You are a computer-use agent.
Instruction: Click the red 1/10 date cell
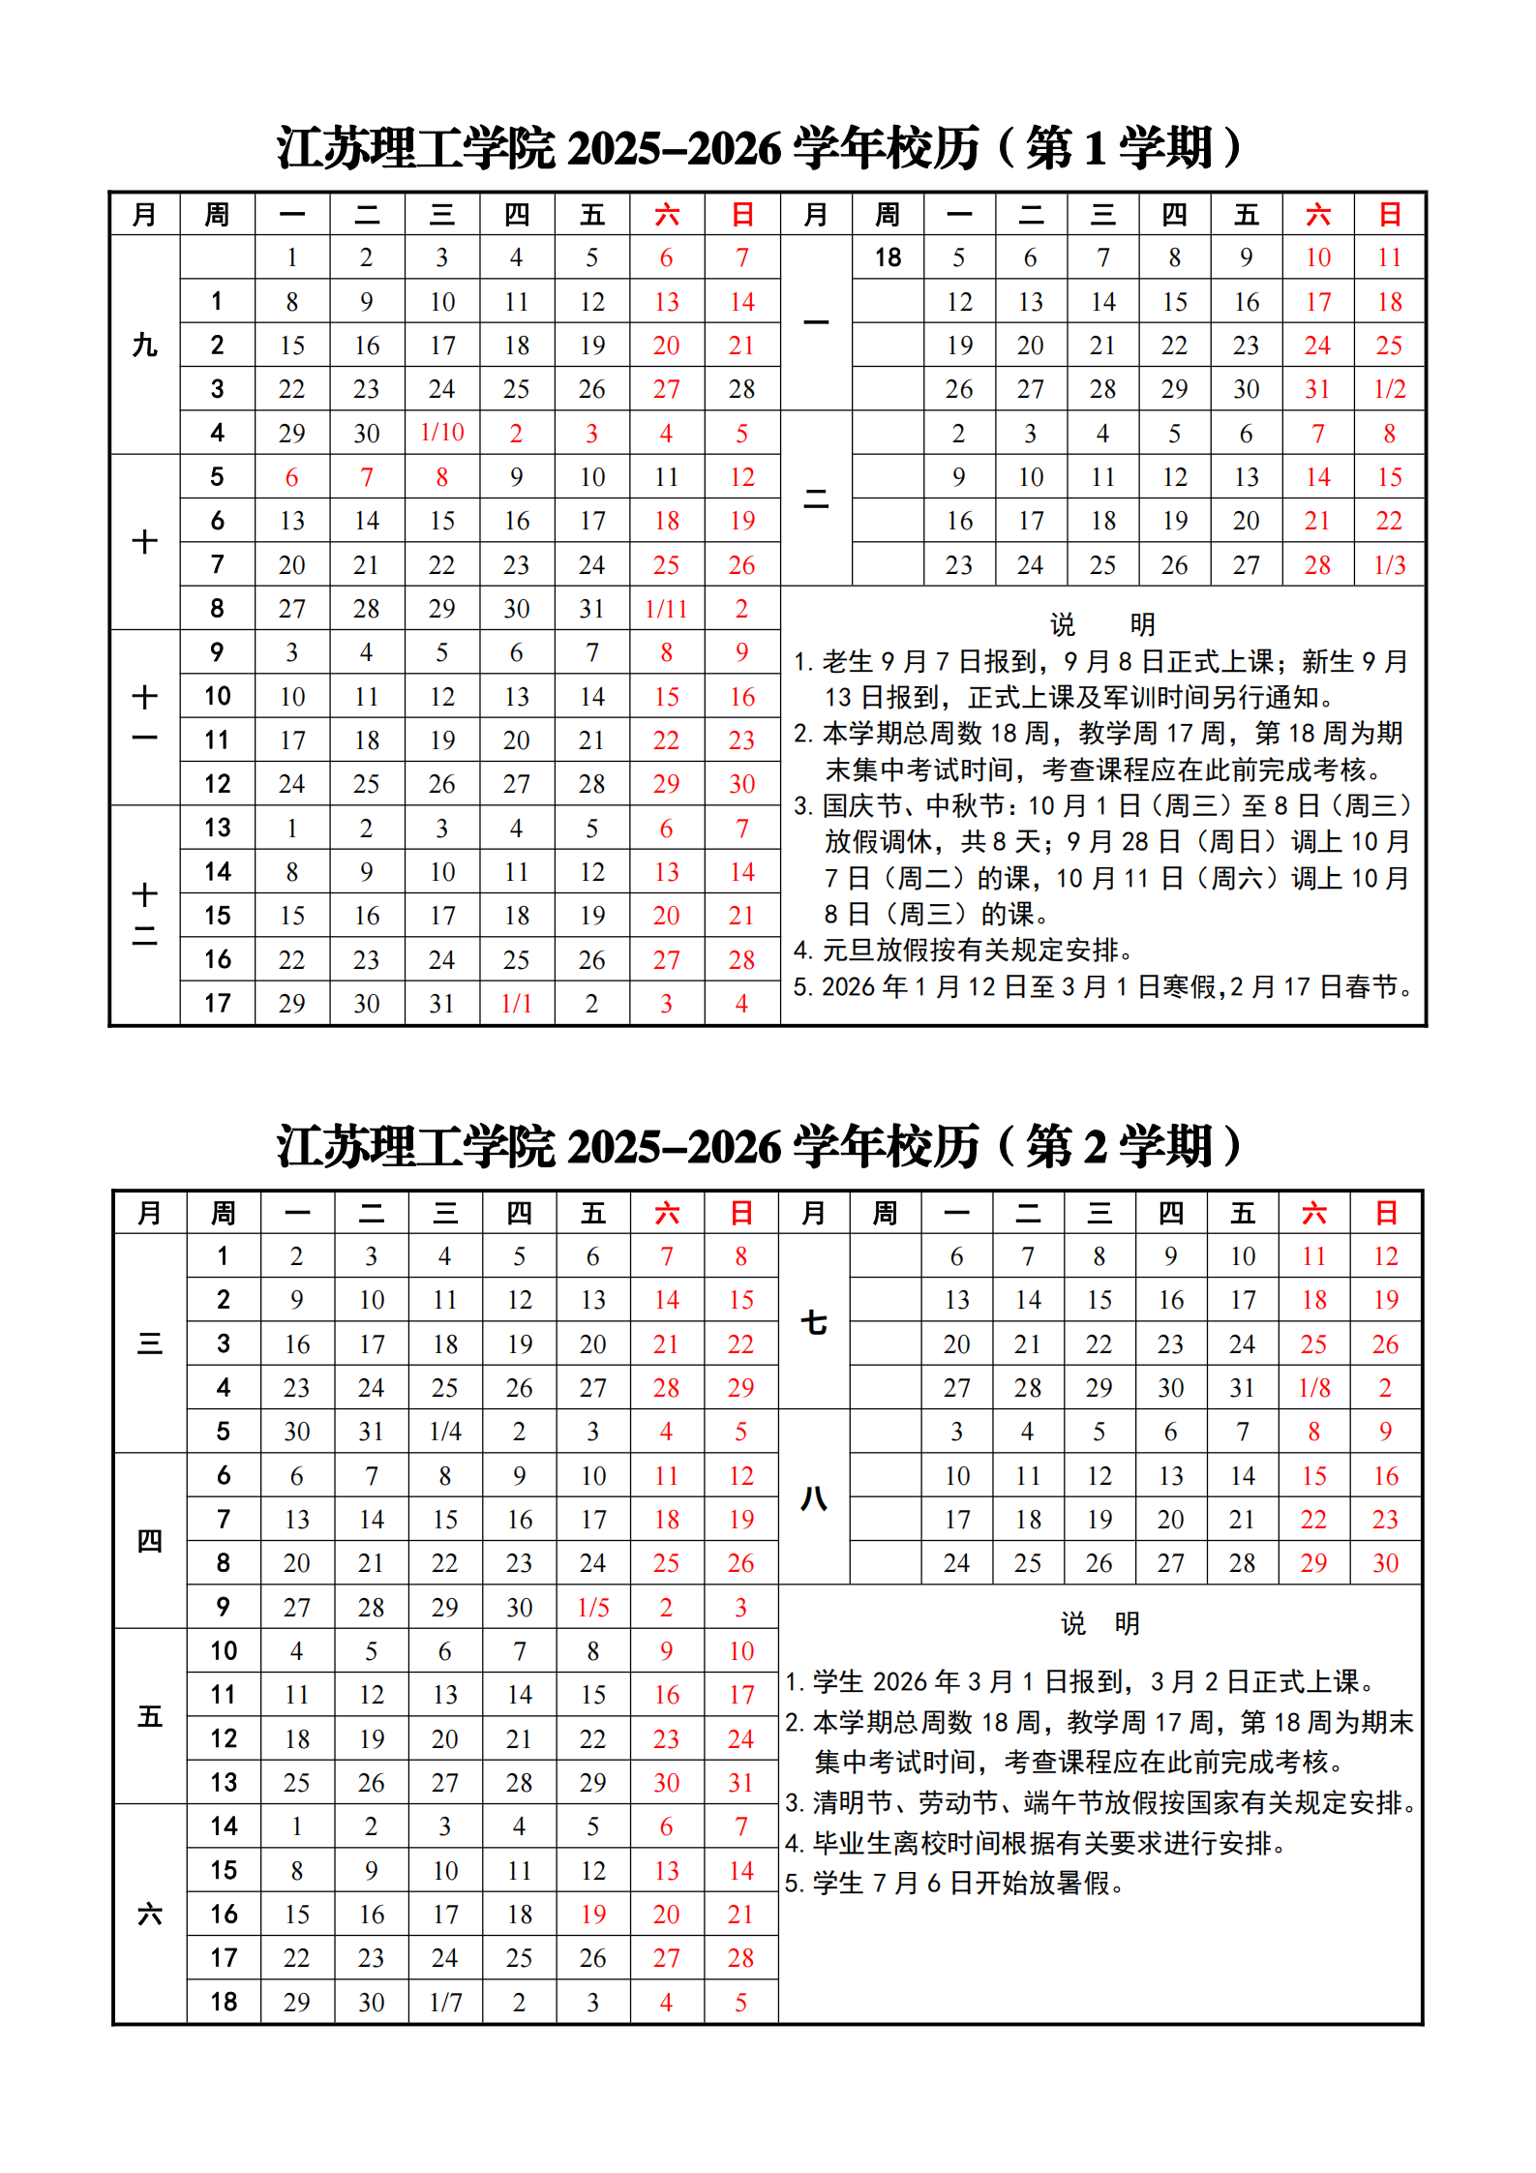(x=442, y=433)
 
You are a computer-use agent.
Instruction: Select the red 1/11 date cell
(x=666, y=609)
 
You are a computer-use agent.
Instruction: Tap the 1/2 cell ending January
(x=1389, y=389)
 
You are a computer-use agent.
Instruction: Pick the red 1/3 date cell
(x=1389, y=565)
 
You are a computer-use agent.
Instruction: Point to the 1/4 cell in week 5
(x=445, y=1432)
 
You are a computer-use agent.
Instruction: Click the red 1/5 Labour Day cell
(x=593, y=1608)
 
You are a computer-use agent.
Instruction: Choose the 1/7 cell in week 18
(x=445, y=2003)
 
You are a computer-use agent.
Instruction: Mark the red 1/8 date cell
(x=1313, y=1388)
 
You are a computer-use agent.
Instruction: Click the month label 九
(x=144, y=345)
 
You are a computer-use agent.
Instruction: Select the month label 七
(x=814, y=1322)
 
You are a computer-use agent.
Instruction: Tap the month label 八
(x=814, y=1498)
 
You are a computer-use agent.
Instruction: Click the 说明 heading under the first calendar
(x=1101, y=624)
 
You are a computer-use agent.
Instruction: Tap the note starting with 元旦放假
(x=963, y=951)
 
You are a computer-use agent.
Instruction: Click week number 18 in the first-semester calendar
(x=888, y=257)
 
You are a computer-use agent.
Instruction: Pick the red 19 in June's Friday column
(x=593, y=1915)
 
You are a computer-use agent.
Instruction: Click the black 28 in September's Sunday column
(x=741, y=389)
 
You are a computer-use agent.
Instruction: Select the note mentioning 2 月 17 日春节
(x=1103, y=987)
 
